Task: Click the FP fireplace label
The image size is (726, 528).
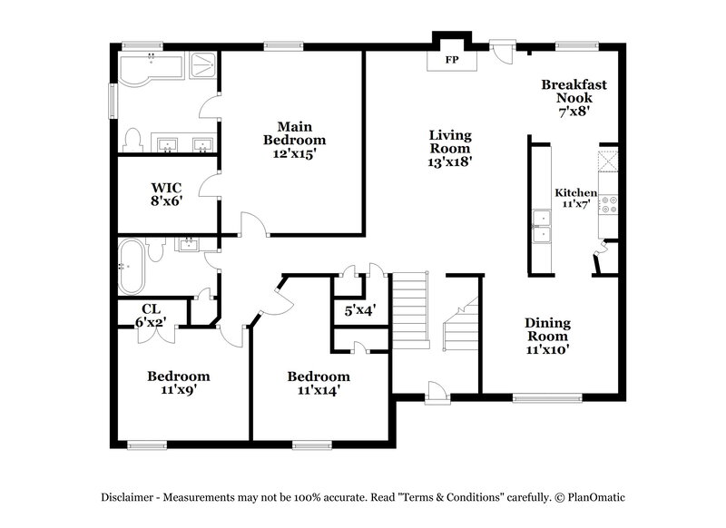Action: point(450,61)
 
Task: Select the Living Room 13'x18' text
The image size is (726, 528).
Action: point(450,148)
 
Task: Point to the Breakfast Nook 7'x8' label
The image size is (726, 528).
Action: point(574,98)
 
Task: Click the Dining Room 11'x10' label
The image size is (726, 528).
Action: point(547,335)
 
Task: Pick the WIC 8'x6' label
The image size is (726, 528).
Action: point(166,194)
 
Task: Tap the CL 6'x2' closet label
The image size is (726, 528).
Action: point(152,315)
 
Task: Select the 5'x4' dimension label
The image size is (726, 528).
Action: point(359,310)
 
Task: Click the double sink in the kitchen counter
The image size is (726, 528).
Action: point(542,227)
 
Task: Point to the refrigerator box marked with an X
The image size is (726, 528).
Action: point(608,162)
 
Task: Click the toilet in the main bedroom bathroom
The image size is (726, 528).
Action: point(132,139)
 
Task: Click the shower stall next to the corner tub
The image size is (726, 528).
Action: point(201,65)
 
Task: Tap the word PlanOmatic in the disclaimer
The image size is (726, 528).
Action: point(596,496)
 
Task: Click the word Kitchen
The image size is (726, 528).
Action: point(575,192)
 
